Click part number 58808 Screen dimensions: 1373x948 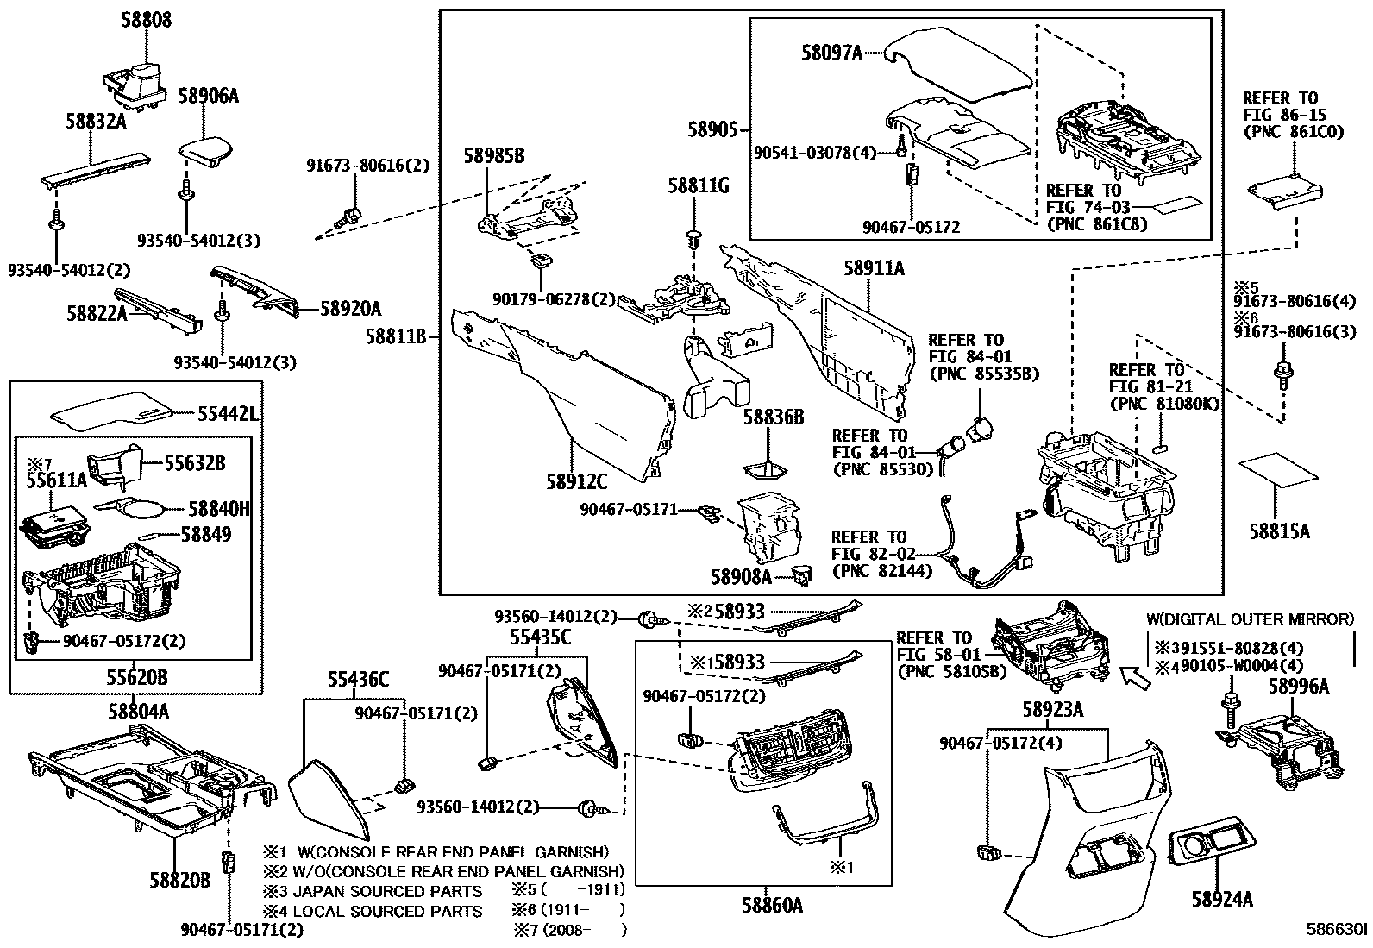pyautogui.click(x=147, y=20)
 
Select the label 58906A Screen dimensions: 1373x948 pyautogui.click(x=209, y=96)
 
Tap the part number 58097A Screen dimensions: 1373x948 pyautogui.click(x=831, y=53)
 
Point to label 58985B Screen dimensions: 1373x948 pyautogui.click(x=494, y=156)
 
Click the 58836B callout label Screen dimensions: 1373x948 pyautogui.click(x=774, y=417)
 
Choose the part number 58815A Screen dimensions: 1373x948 pyautogui.click(x=1279, y=531)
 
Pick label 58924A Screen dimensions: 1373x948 pyautogui.click(x=1222, y=899)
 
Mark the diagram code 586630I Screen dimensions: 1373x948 pyautogui.click(x=1337, y=929)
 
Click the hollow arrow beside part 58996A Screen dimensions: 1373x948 pyautogui.click(x=1135, y=678)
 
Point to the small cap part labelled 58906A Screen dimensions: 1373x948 pyautogui.click(x=206, y=151)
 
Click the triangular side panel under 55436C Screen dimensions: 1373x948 pyautogui.click(x=329, y=800)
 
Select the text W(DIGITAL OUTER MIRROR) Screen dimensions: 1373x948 pyautogui.click(x=1251, y=619)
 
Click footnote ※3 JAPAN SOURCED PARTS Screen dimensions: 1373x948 pyautogui.click(x=373, y=891)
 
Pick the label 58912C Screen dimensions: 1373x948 pyautogui.click(x=577, y=482)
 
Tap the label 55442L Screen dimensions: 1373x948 pyautogui.click(x=228, y=415)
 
